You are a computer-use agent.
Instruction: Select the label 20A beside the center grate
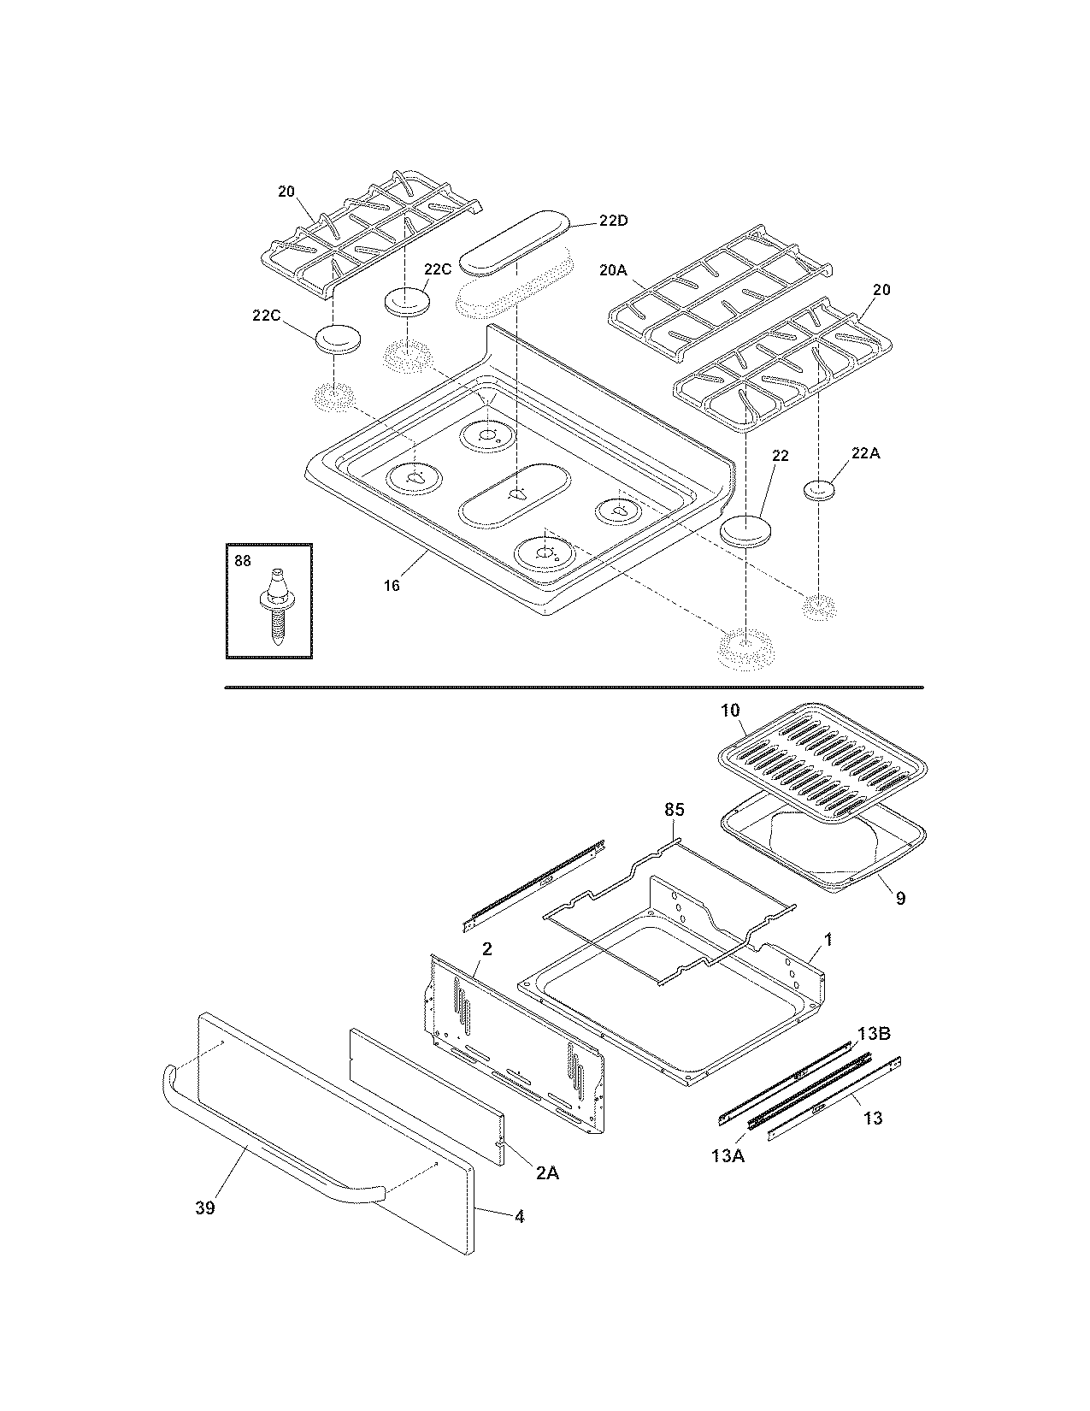613,270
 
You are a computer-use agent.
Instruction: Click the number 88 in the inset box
243,560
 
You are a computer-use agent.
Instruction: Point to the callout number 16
391,586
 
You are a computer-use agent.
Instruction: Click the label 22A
865,454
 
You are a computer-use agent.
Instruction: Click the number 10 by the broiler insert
730,711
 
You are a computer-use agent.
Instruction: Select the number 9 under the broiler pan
900,898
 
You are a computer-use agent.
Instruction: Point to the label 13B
874,1033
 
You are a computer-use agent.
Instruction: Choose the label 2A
547,1173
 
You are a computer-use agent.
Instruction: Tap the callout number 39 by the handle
204,1207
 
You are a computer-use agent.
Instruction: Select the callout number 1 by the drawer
828,940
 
